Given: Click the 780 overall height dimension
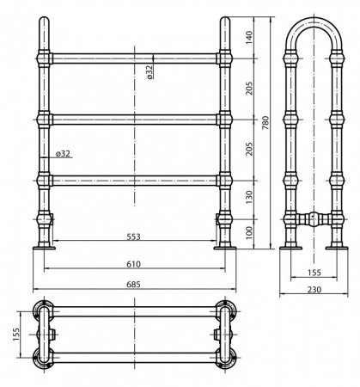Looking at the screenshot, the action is (x=265, y=123).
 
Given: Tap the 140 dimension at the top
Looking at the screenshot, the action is (x=249, y=38).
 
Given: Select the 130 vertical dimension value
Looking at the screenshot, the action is (x=249, y=198).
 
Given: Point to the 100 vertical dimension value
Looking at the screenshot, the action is (x=249, y=233).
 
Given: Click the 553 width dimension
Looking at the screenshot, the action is (x=134, y=236).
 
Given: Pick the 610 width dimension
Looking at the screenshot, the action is (x=134, y=264).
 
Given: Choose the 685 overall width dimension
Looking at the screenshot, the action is (x=134, y=285).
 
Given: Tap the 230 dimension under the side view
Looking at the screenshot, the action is (x=314, y=290).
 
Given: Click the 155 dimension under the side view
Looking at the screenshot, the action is (x=314, y=273).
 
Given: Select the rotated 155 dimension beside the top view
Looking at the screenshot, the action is (x=16, y=335).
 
